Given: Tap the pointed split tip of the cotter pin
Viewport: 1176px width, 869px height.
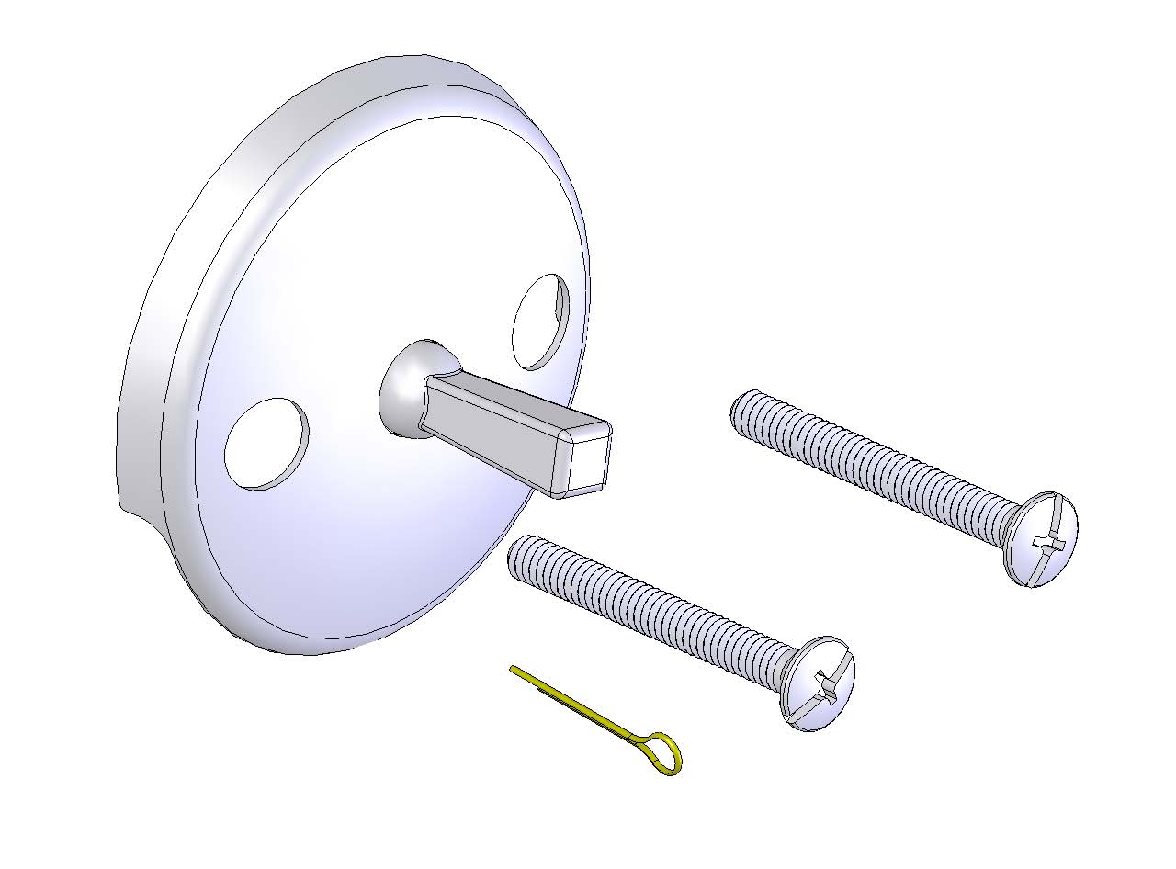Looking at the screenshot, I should tap(514, 671).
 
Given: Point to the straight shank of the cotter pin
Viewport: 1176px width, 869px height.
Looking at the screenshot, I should tap(579, 707).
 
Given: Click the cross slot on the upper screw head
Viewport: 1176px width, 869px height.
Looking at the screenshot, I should tap(1047, 541).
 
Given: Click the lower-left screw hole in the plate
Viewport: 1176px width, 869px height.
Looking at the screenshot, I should tap(266, 443).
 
